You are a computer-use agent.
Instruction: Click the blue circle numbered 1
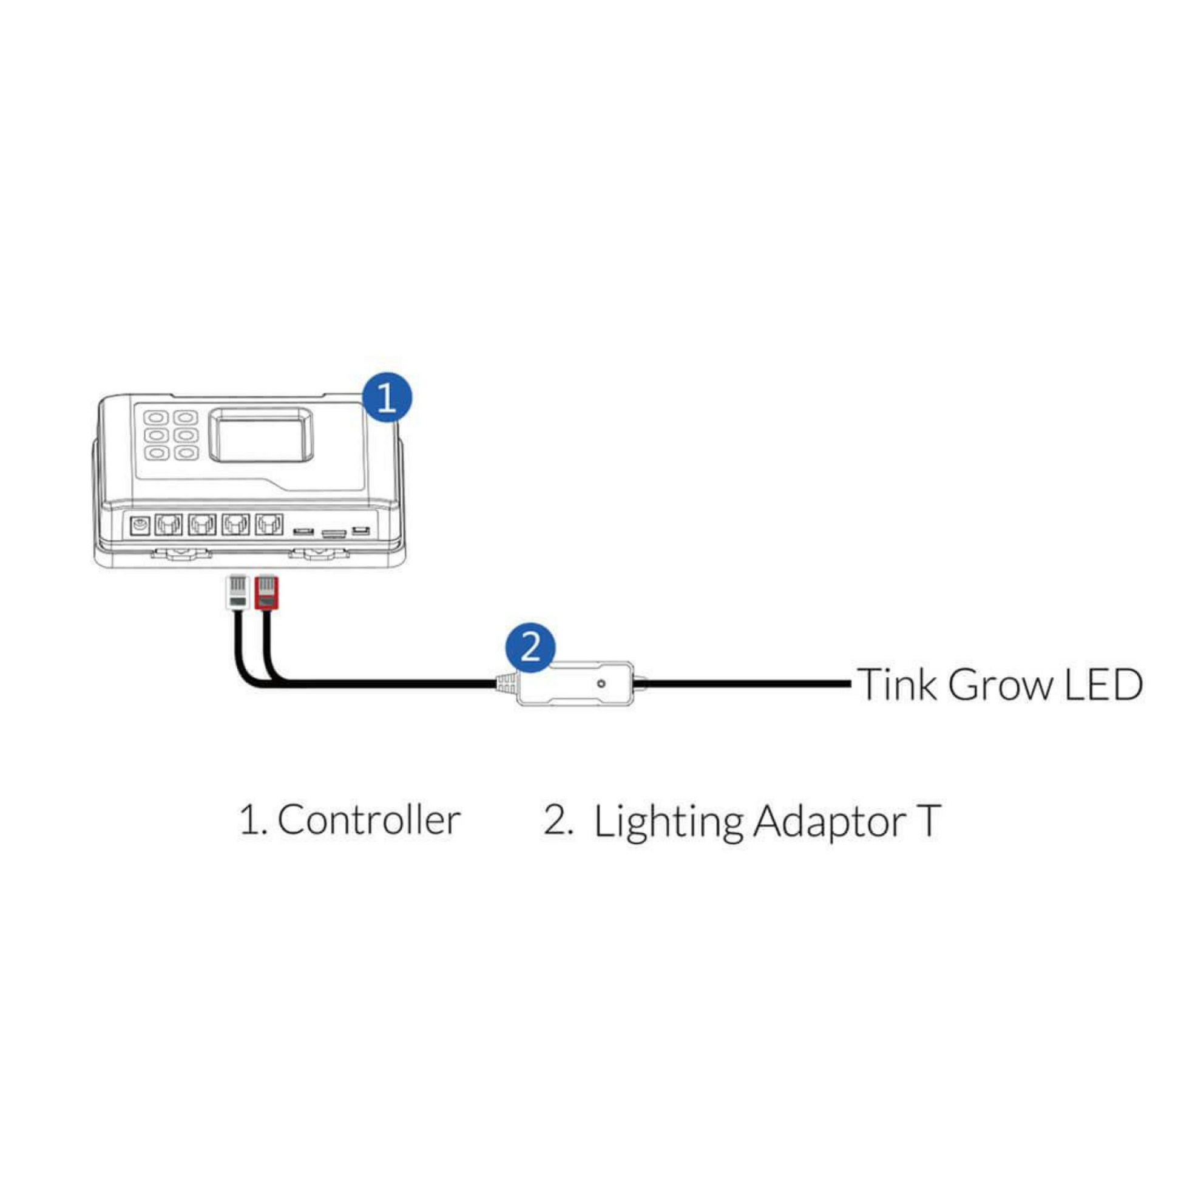pyautogui.click(x=387, y=398)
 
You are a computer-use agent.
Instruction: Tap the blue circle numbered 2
pyautogui.click(x=530, y=647)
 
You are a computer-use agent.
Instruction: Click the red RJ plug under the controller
pyautogui.click(x=266, y=592)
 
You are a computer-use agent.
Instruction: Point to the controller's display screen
pyautogui.click(x=260, y=435)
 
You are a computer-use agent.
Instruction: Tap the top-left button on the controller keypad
pyautogui.click(x=156, y=418)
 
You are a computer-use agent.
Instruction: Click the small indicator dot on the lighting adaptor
pyautogui.click(x=601, y=683)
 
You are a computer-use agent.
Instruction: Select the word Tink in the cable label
pyautogui.click(x=897, y=685)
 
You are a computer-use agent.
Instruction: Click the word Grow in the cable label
pyautogui.click(x=1000, y=685)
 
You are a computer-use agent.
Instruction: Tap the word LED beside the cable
pyautogui.click(x=1103, y=685)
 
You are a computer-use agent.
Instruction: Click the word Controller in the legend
pyautogui.click(x=368, y=820)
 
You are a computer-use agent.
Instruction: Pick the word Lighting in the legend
pyautogui.click(x=668, y=822)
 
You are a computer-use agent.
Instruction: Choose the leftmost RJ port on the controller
pyautogui.click(x=169, y=524)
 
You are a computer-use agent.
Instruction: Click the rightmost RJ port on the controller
pyautogui.click(x=269, y=524)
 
